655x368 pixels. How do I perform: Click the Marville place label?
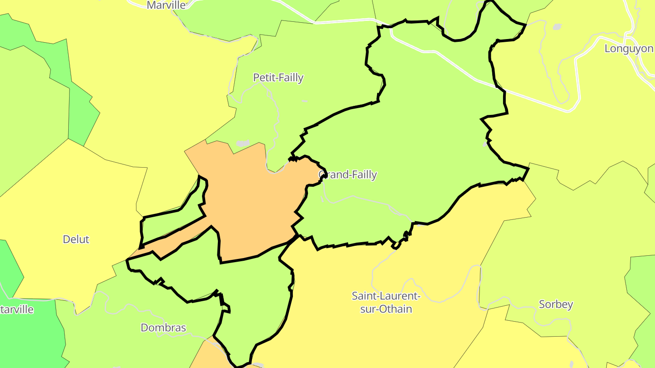166,5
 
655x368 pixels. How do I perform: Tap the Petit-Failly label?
278,78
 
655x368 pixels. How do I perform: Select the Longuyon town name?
629,49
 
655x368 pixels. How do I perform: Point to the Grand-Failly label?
348,174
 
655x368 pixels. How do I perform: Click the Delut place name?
76,239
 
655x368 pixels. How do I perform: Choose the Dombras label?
163,328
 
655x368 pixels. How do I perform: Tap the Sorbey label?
555,304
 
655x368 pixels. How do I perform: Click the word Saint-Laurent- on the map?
385,296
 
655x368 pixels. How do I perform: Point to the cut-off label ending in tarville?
17,310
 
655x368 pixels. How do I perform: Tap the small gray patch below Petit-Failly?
243,144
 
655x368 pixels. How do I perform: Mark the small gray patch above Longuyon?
557,27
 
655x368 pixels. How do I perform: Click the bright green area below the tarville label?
27,341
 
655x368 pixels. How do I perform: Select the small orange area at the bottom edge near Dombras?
205,357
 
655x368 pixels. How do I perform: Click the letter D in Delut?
66,239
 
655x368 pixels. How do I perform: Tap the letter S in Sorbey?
542,304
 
